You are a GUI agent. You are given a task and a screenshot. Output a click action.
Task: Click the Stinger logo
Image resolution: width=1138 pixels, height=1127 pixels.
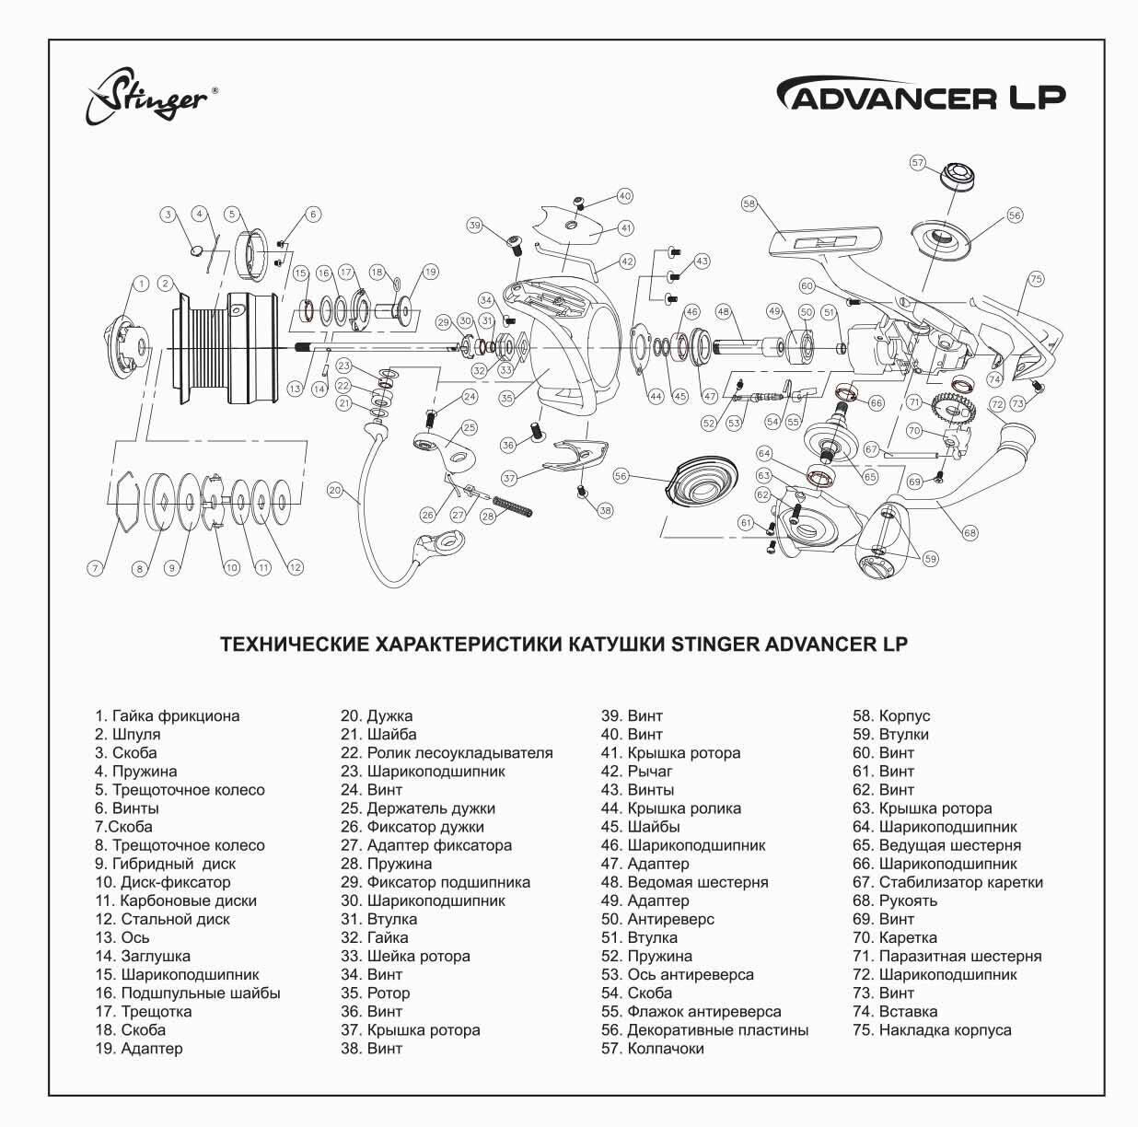[x=151, y=97]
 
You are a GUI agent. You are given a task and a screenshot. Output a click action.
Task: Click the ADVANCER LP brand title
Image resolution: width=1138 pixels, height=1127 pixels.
[x=923, y=94]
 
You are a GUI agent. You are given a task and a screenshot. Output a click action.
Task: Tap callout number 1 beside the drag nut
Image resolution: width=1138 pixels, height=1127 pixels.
[x=141, y=285]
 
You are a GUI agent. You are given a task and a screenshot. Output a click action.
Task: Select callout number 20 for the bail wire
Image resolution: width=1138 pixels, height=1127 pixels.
[x=335, y=490]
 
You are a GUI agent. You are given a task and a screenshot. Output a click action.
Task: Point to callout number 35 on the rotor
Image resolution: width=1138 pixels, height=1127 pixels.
[x=506, y=398]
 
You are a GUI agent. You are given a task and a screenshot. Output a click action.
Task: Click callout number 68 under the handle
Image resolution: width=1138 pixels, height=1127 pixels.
[x=970, y=533]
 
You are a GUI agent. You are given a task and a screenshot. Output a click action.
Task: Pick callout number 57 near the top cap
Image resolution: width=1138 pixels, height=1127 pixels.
[x=917, y=162]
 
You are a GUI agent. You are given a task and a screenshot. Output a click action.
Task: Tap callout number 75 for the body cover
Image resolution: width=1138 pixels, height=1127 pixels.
[x=1036, y=279]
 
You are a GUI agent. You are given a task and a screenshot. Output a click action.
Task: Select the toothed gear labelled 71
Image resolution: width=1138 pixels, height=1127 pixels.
[x=954, y=409]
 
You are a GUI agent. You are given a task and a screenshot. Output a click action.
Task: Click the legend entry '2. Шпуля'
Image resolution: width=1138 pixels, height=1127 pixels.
[x=128, y=734]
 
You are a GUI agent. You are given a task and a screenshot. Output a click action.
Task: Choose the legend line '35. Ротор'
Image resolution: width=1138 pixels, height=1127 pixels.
[x=375, y=993]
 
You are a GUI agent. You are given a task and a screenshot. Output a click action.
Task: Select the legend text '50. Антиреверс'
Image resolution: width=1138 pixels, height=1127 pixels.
[x=658, y=919]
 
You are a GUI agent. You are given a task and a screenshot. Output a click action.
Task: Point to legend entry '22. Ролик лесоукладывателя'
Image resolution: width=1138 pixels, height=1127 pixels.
[x=447, y=753]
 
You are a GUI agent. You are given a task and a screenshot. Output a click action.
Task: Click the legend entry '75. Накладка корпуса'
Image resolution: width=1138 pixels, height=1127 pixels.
[x=932, y=1030]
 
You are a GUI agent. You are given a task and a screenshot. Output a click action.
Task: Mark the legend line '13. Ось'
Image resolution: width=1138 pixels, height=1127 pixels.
[x=122, y=937]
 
